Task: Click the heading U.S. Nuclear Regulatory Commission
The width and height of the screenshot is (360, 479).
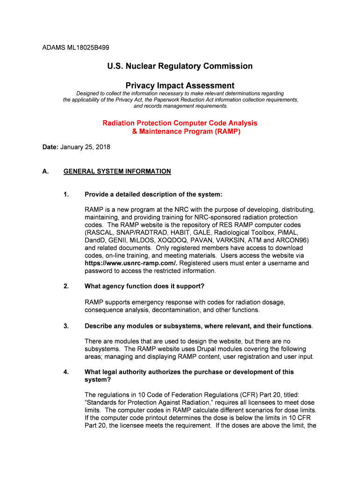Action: (180, 66)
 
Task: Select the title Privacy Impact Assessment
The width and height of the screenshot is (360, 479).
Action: (180, 86)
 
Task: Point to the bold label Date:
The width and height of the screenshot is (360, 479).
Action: (50, 147)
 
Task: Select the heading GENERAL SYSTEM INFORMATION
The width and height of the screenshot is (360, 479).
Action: (117, 171)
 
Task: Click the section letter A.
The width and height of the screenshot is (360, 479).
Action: (45, 171)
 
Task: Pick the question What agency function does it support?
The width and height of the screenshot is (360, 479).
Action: (144, 286)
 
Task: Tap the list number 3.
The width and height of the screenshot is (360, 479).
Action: (66, 326)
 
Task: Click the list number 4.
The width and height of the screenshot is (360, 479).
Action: (66, 372)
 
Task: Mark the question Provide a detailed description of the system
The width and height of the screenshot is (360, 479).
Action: (153, 194)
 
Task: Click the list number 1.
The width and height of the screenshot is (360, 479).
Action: (66, 194)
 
